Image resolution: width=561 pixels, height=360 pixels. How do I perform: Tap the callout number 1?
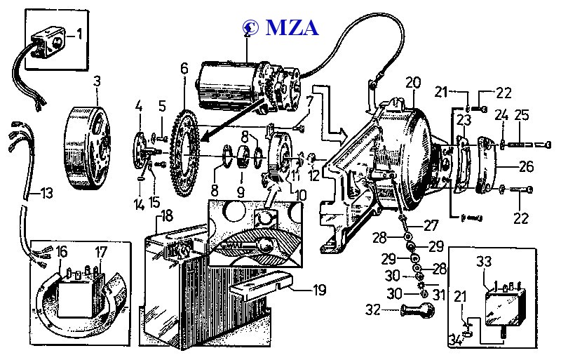point(79,32)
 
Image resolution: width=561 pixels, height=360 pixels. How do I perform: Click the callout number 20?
point(412,82)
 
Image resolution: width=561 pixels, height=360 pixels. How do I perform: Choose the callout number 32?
point(372,309)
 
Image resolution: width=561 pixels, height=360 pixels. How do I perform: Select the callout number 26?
point(526,167)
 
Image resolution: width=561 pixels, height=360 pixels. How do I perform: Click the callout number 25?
point(522,114)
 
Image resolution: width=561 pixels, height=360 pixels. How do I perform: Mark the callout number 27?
point(432,226)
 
